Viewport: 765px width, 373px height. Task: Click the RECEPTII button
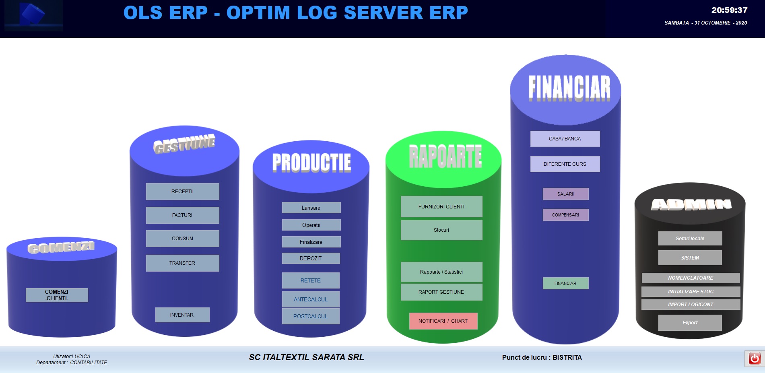[182, 192]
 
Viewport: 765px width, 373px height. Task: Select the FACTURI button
[182, 215]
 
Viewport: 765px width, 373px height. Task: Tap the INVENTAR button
[182, 315]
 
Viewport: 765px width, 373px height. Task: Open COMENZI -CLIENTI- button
[57, 295]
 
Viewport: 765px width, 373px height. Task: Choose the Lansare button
[311, 208]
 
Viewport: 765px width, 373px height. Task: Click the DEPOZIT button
[311, 258]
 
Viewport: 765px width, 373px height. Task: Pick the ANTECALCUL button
[311, 299]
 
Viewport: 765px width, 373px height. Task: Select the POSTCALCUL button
[311, 316]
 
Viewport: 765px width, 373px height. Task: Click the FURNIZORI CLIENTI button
[441, 207]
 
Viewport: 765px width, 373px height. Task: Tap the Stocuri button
[441, 230]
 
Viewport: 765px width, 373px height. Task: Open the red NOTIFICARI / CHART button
[443, 321]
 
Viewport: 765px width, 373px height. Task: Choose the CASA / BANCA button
[565, 139]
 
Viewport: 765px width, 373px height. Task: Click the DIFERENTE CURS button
[565, 164]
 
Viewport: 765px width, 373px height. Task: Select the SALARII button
[565, 194]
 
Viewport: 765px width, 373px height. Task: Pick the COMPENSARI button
[565, 215]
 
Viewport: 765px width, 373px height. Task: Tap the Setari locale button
[690, 239]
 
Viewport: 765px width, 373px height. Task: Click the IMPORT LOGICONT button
[691, 305]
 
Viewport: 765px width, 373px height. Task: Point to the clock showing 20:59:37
[729, 10]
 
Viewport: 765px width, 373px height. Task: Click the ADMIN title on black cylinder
[691, 205]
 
